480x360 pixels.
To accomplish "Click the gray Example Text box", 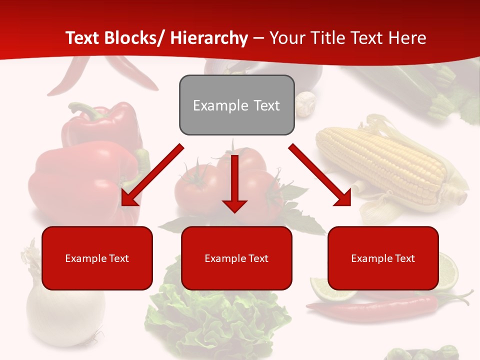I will tap(236, 105).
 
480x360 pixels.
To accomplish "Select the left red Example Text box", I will tap(97, 258).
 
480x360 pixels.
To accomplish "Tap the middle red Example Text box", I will tap(236, 258).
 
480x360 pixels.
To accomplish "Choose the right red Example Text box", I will tap(383, 258).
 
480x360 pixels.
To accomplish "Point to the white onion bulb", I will tap(65, 310).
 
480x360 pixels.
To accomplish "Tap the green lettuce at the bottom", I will tap(215, 320).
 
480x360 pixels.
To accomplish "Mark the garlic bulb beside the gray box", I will tap(305, 102).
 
